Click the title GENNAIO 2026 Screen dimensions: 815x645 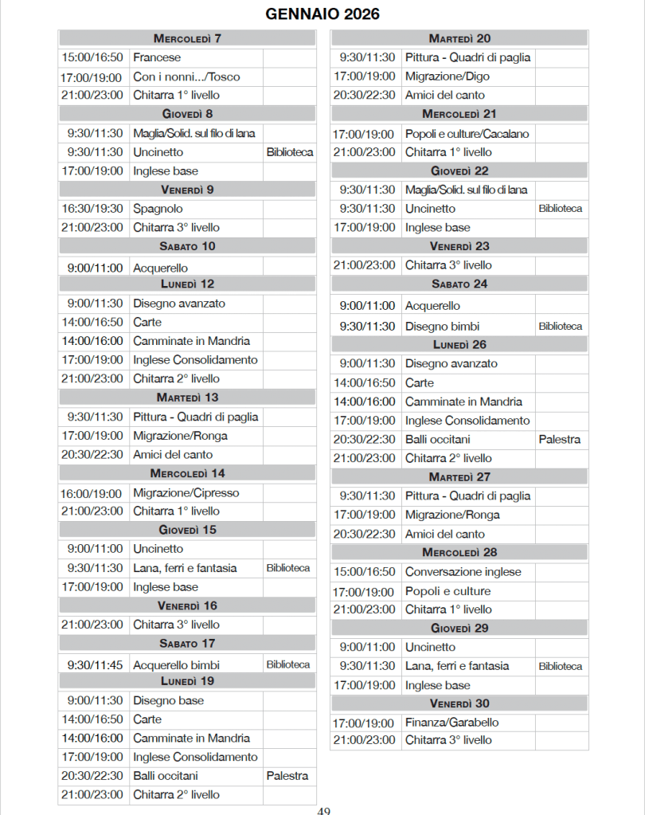click(x=322, y=14)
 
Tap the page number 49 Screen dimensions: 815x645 click(x=323, y=810)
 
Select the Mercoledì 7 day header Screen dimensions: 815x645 click(x=187, y=38)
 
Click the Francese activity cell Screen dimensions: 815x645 click(x=157, y=57)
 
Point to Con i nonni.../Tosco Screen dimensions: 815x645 click(x=186, y=76)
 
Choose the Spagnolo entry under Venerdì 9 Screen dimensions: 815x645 click(x=158, y=208)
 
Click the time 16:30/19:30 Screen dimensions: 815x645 click(x=92, y=208)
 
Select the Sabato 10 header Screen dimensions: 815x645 click(x=187, y=246)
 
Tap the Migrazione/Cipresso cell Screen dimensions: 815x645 click(x=186, y=492)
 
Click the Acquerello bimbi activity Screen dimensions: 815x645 click(x=176, y=664)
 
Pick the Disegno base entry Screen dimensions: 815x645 click(x=168, y=700)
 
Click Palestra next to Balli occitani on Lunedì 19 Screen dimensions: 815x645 click(x=287, y=775)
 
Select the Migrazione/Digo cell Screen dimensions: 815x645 click(x=448, y=76)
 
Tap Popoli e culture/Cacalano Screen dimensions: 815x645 click(x=467, y=134)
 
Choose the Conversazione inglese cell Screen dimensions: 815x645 click(x=463, y=571)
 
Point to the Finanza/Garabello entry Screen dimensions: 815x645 click(x=451, y=722)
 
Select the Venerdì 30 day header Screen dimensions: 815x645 click(x=459, y=703)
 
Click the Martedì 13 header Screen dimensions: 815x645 click(x=187, y=398)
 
